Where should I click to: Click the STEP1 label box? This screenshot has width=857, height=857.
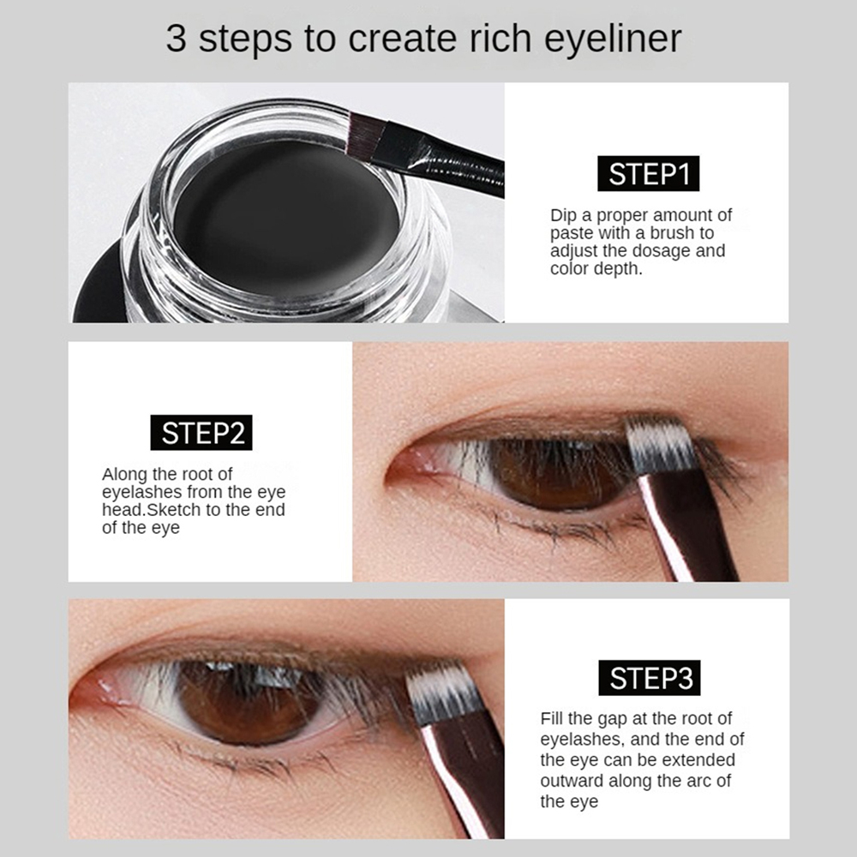point(648,174)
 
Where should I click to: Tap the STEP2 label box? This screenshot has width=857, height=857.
point(201,432)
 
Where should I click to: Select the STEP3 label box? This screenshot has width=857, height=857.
point(650,678)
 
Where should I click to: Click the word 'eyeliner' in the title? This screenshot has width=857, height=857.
point(613,39)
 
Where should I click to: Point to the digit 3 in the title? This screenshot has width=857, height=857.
point(176,39)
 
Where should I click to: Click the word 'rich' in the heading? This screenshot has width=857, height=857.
point(500,39)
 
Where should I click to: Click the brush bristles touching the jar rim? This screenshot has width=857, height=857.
point(365,136)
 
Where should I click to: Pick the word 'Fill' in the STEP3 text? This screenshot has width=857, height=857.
point(551,718)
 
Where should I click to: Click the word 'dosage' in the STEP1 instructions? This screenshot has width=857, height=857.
point(661,251)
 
